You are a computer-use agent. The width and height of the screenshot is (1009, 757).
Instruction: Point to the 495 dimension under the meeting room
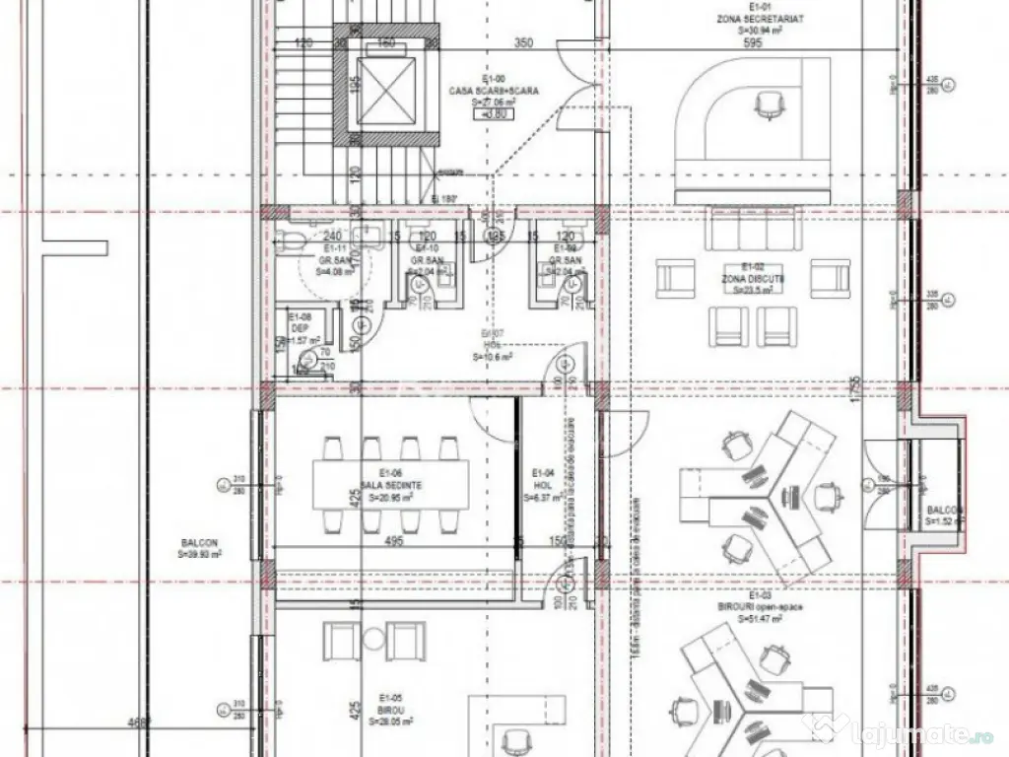[394, 541]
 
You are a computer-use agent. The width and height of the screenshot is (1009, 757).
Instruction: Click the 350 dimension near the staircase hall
[523, 43]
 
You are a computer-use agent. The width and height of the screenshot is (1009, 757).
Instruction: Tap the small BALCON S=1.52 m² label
[945, 516]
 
